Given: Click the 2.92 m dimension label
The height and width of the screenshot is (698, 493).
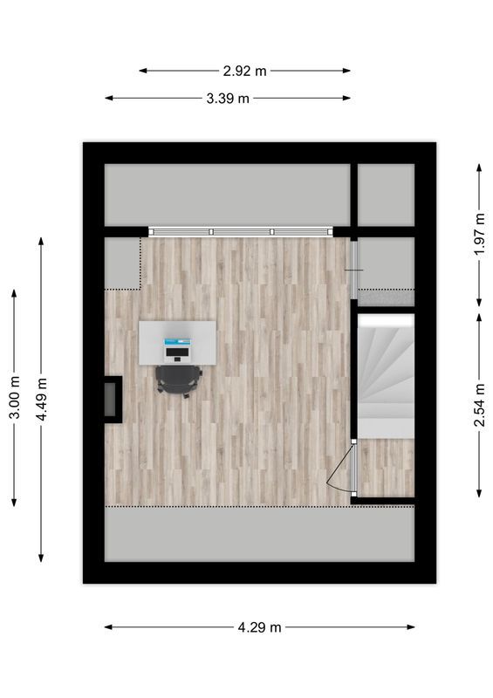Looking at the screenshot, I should (244, 71).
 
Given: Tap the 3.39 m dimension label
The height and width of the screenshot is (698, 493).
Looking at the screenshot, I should (228, 99).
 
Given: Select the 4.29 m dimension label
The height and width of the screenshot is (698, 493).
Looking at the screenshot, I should (259, 626).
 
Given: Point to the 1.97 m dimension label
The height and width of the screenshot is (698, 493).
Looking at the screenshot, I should (479, 235).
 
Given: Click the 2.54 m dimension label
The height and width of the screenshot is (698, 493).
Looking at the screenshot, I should (479, 407).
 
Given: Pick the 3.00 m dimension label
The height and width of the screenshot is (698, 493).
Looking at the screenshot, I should (14, 398).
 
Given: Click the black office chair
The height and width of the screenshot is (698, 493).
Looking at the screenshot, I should (178, 380).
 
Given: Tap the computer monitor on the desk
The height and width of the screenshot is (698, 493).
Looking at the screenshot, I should (178, 340).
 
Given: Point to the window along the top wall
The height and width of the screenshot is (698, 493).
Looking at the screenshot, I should (241, 231).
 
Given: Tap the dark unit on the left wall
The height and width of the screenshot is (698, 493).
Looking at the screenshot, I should (113, 399).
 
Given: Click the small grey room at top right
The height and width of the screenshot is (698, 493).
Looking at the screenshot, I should (386, 194).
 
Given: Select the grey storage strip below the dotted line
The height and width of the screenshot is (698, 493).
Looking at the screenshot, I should (259, 533).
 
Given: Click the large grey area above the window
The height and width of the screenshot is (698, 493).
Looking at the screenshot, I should (227, 194).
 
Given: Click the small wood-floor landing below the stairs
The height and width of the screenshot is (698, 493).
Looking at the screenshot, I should (387, 467).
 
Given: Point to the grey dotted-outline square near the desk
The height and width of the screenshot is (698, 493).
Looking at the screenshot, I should (123, 263).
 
